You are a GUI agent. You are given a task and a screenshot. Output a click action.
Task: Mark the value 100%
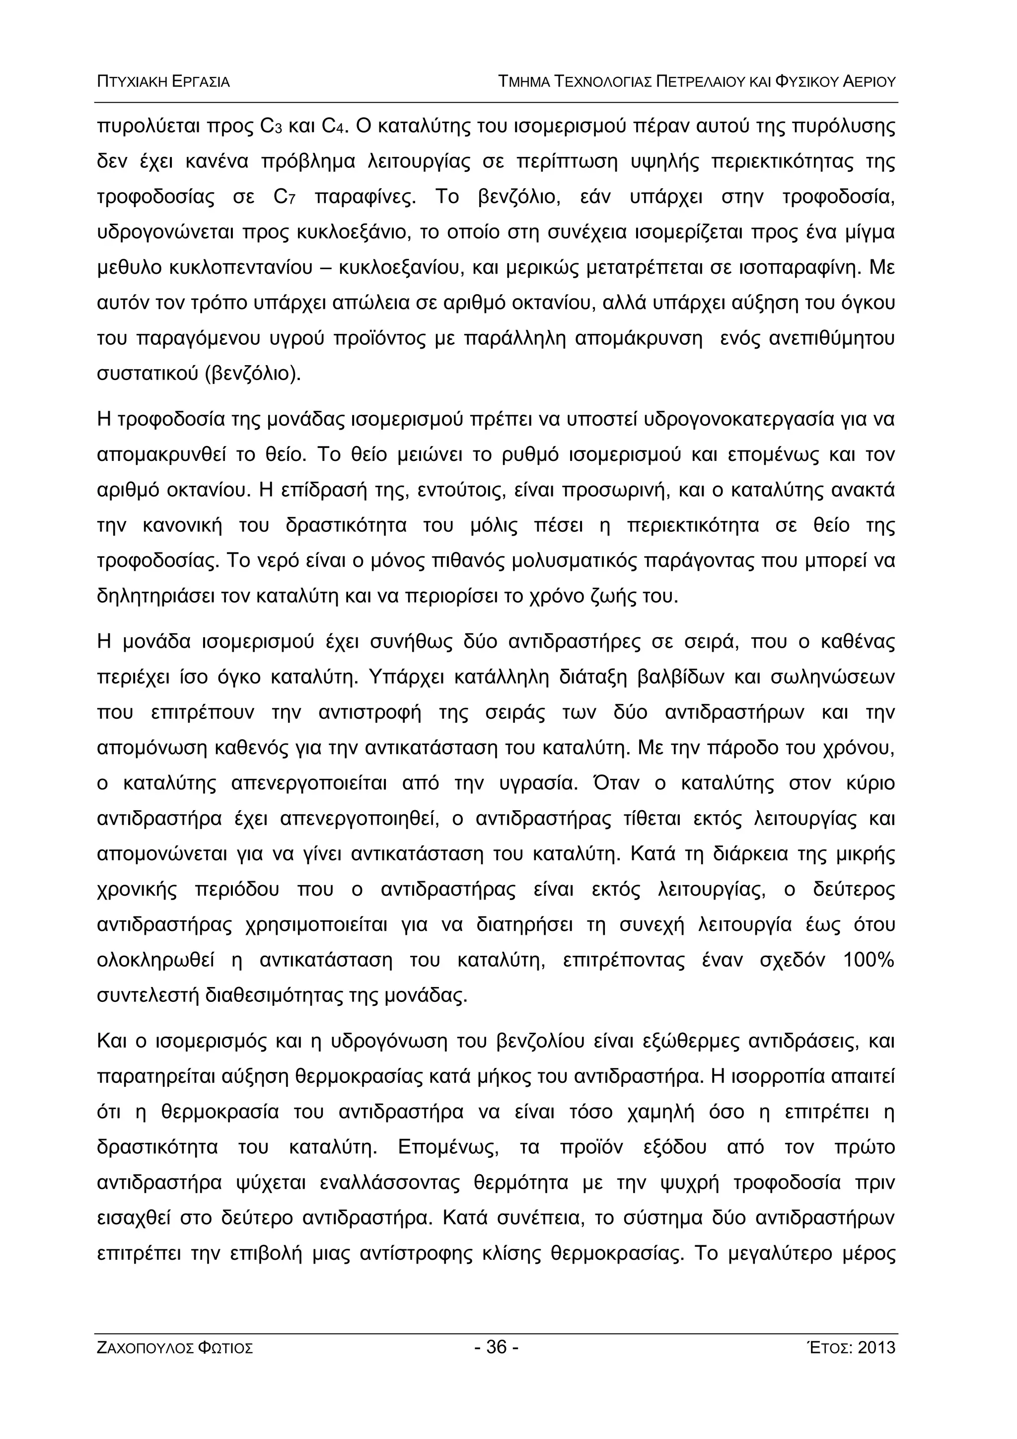pyautogui.click(x=869, y=960)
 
